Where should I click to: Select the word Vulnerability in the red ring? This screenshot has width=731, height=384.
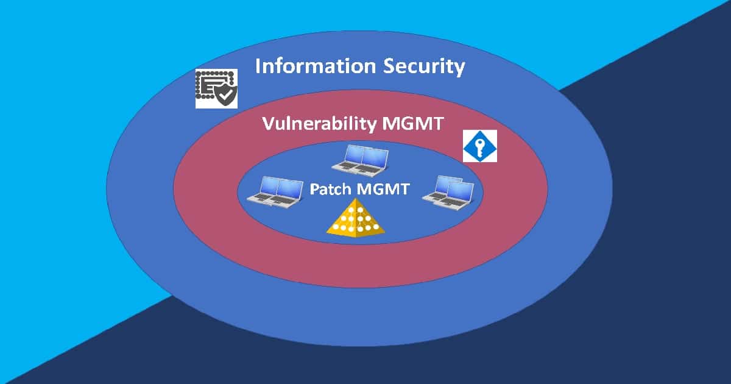[319, 124]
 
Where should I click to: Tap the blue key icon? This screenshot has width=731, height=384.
[480, 146]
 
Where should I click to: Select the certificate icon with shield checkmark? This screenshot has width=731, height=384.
[216, 88]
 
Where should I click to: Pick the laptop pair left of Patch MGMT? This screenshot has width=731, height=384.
[274, 190]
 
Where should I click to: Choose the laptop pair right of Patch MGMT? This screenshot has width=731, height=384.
[448, 190]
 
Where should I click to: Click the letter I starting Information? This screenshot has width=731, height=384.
[258, 66]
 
